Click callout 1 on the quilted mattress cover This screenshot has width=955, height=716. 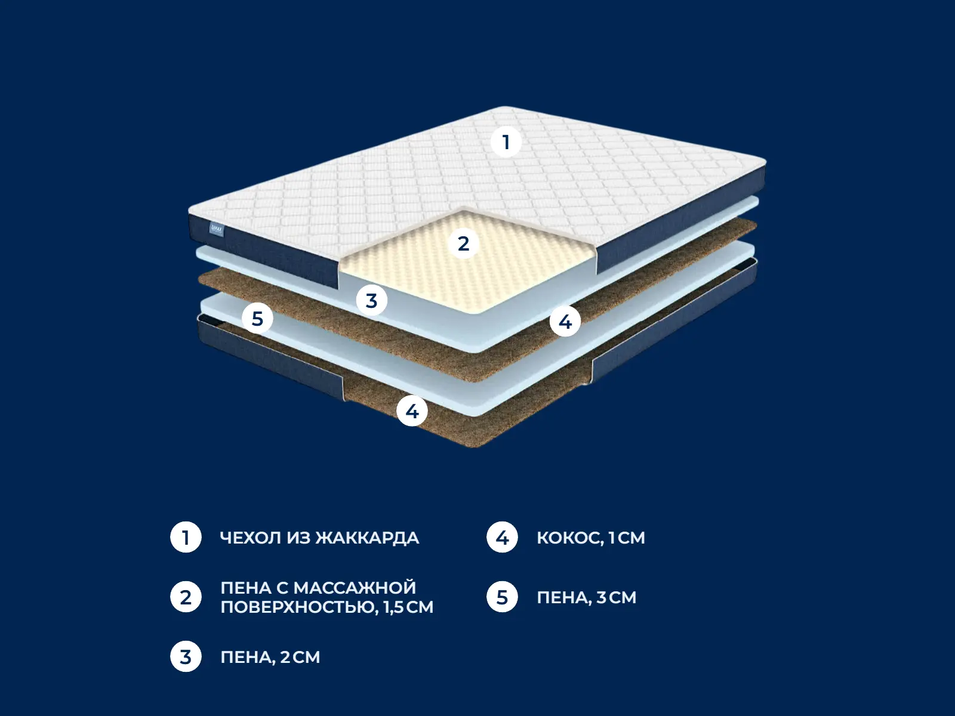[x=506, y=142]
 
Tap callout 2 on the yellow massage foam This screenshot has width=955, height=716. [x=463, y=243]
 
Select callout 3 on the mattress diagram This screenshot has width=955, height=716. [x=372, y=300]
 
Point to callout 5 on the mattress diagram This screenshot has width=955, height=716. [x=257, y=319]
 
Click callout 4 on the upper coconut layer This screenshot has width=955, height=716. [x=565, y=322]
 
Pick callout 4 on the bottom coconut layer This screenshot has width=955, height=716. [x=412, y=411]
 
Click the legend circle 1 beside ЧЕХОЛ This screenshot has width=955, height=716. [x=186, y=538]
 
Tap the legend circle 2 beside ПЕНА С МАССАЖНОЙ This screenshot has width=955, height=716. [x=186, y=597]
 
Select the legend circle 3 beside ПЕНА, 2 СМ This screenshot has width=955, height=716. [x=186, y=657]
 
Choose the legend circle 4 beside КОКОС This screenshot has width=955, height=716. [x=502, y=538]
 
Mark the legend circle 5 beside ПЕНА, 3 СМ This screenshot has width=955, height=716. [x=502, y=597]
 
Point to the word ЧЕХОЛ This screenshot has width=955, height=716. [x=251, y=538]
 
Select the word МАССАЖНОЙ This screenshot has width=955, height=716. [x=355, y=588]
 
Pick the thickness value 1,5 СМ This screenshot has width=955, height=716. [x=408, y=607]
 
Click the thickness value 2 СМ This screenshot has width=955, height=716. [x=300, y=657]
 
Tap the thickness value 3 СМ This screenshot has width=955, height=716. [x=617, y=597]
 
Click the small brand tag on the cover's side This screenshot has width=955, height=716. [x=217, y=230]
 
